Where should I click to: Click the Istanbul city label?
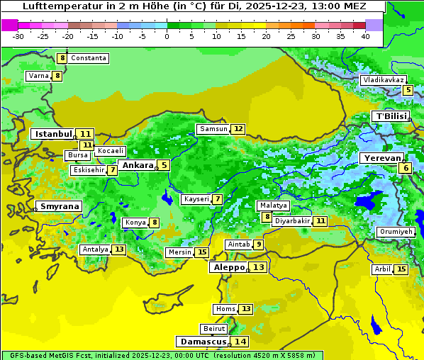53,133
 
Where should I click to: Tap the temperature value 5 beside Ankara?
164,165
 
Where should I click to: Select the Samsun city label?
213,128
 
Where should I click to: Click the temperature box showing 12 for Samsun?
238,129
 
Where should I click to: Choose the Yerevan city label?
381,158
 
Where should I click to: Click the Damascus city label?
203,341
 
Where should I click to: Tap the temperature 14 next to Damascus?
241,342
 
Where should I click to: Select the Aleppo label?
228,267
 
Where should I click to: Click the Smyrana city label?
59,206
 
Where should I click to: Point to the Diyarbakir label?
291,221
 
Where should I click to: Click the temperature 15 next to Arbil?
401,269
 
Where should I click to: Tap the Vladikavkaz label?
384,80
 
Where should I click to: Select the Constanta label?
89,58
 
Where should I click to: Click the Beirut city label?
214,329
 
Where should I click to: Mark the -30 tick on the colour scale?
18,35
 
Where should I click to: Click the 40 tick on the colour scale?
365,35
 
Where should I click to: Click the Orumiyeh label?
395,232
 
